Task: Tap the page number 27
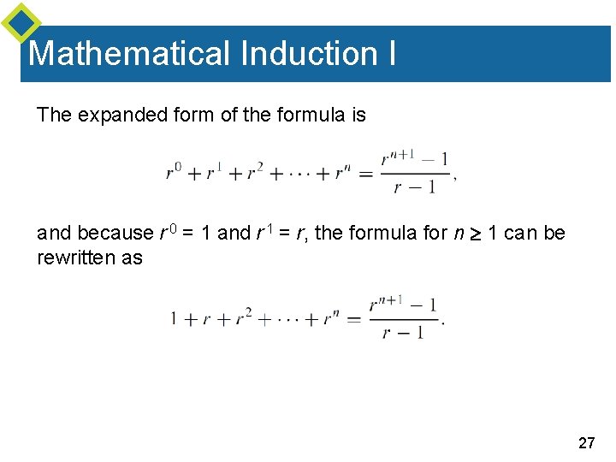[587, 442]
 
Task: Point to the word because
[117, 233]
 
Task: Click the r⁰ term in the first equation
[173, 173]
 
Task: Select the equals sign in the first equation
[366, 173]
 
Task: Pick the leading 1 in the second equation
[175, 319]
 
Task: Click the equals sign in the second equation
[354, 319]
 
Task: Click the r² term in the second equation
[244, 317]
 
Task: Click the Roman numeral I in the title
[391, 53]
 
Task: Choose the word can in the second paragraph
[519, 233]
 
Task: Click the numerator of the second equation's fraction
[403, 304]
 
